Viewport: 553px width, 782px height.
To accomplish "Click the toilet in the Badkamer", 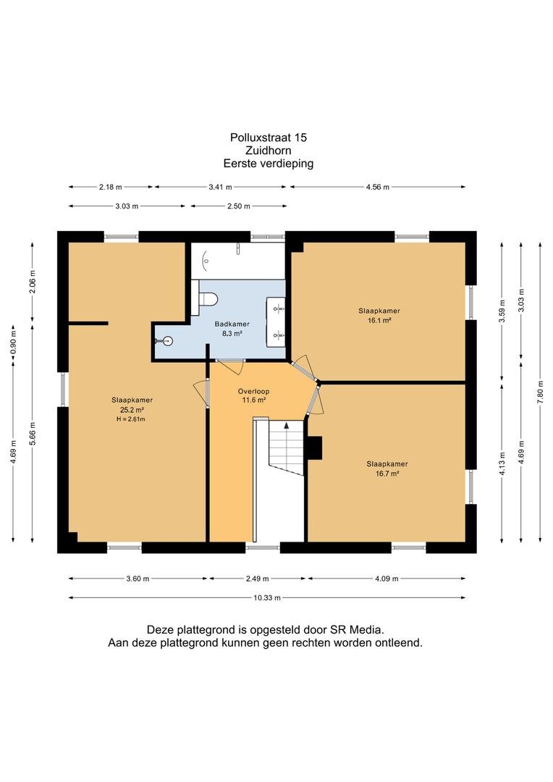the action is click(x=208, y=299).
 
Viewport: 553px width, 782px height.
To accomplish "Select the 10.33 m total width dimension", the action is click(x=267, y=597).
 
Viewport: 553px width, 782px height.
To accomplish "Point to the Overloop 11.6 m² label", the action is click(x=254, y=395).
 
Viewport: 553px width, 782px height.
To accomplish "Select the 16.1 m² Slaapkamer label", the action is click(x=379, y=315).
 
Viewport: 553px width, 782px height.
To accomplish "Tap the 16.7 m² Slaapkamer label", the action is click(x=387, y=468).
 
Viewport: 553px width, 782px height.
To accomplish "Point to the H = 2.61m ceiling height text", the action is click(x=131, y=419).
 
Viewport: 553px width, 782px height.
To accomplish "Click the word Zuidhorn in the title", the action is click(x=269, y=150).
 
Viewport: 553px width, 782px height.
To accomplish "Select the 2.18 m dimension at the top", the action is click(x=110, y=187).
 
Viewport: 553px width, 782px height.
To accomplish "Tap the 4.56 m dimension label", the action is click(x=378, y=187).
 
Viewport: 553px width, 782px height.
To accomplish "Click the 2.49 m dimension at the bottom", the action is click(x=257, y=579).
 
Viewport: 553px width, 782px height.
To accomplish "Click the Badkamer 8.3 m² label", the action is click(x=232, y=329).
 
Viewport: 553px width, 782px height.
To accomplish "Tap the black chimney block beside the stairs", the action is click(x=315, y=447).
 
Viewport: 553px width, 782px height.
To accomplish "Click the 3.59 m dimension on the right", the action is click(x=502, y=311).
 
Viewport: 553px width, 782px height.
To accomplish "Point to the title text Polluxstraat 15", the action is click(x=269, y=137).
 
